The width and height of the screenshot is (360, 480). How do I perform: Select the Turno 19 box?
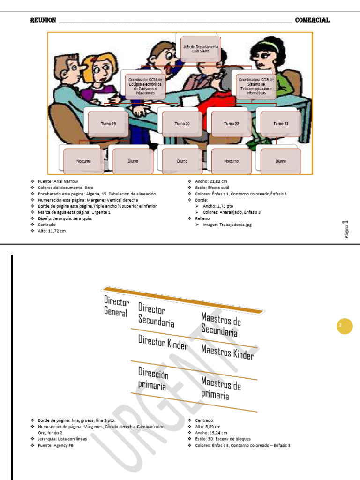108,124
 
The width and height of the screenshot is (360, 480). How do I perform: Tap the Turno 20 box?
182,124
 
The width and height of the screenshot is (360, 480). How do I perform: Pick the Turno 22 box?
232,124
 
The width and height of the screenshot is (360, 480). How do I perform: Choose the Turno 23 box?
281,124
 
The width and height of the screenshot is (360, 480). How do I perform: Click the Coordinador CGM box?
145,86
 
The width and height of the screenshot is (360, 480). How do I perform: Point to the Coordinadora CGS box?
256,86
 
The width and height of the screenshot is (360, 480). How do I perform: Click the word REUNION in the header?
43,20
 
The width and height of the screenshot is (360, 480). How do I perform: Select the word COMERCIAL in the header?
312,20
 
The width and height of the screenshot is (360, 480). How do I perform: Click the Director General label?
116,306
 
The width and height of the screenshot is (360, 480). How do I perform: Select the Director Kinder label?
163,342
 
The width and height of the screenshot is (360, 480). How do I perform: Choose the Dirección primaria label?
153,379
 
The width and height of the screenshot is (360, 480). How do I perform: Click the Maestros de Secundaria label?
221,324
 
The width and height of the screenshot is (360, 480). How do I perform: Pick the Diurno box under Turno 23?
281,161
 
